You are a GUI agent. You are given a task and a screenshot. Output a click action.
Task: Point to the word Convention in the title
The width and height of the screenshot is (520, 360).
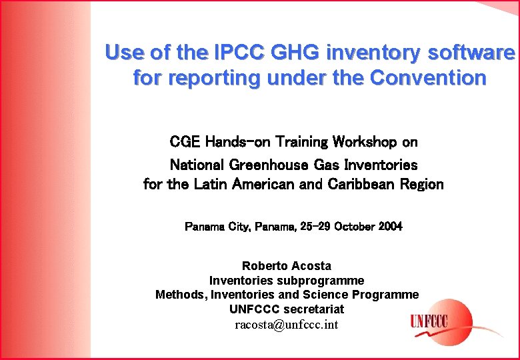pos(428,78)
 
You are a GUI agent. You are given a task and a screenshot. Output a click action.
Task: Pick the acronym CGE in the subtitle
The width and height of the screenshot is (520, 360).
pos(186,142)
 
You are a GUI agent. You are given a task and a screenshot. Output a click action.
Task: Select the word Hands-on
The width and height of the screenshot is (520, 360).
pos(239,142)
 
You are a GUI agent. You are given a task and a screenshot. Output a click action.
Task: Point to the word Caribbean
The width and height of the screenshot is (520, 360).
pos(361,185)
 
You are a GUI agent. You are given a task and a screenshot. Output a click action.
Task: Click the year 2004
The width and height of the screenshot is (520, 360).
pos(390,227)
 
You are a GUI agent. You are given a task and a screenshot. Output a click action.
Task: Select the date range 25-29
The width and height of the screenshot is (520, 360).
pos(315,227)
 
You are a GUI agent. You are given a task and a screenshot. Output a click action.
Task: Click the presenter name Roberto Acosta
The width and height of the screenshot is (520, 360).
pos(286,266)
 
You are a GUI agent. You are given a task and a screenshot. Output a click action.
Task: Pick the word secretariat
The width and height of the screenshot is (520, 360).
pos(313,309)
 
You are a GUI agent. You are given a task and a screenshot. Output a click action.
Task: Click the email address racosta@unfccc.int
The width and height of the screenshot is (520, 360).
pos(287,325)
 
